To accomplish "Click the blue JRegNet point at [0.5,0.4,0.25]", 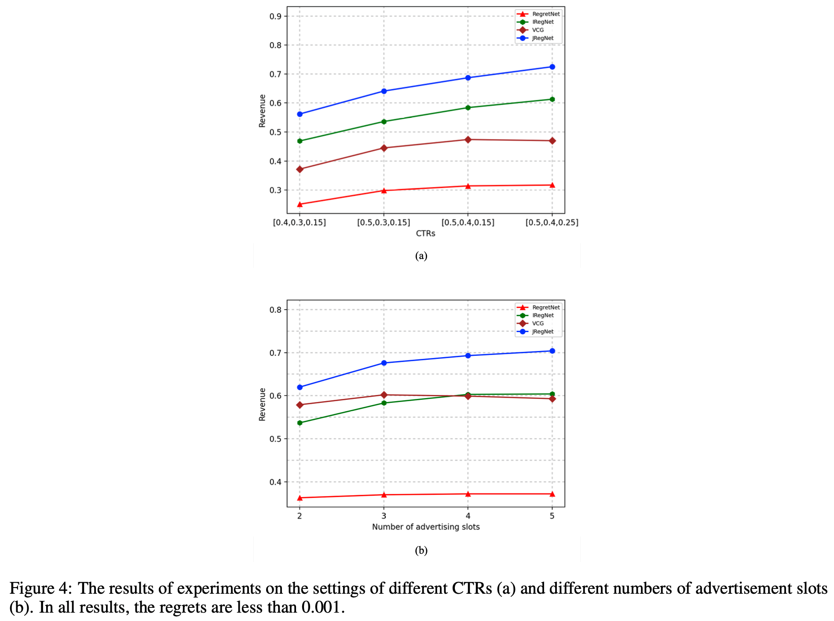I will [x=552, y=67].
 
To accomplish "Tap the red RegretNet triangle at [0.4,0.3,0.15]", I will [x=300, y=205].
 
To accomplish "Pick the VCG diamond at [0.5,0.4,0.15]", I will [x=468, y=140].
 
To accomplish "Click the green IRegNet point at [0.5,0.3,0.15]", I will [x=384, y=121].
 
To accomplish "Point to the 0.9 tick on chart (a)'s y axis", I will [x=275, y=16].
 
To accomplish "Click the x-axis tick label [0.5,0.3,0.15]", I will [x=384, y=223].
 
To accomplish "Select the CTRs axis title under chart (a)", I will [x=425, y=234].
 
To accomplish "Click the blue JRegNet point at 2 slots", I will [x=300, y=387].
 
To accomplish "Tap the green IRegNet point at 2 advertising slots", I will [x=300, y=423].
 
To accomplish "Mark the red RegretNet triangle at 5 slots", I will [x=552, y=494].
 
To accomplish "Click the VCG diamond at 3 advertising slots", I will [x=384, y=395].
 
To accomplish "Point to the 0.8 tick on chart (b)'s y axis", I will [x=275, y=310].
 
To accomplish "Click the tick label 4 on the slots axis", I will [x=468, y=516].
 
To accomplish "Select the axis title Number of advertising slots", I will [x=425, y=527].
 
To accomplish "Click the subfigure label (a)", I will [x=421, y=256].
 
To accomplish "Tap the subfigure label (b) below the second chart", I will [x=421, y=550].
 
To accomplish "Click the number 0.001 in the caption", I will [x=321, y=607].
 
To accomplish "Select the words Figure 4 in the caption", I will [x=38, y=588].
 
